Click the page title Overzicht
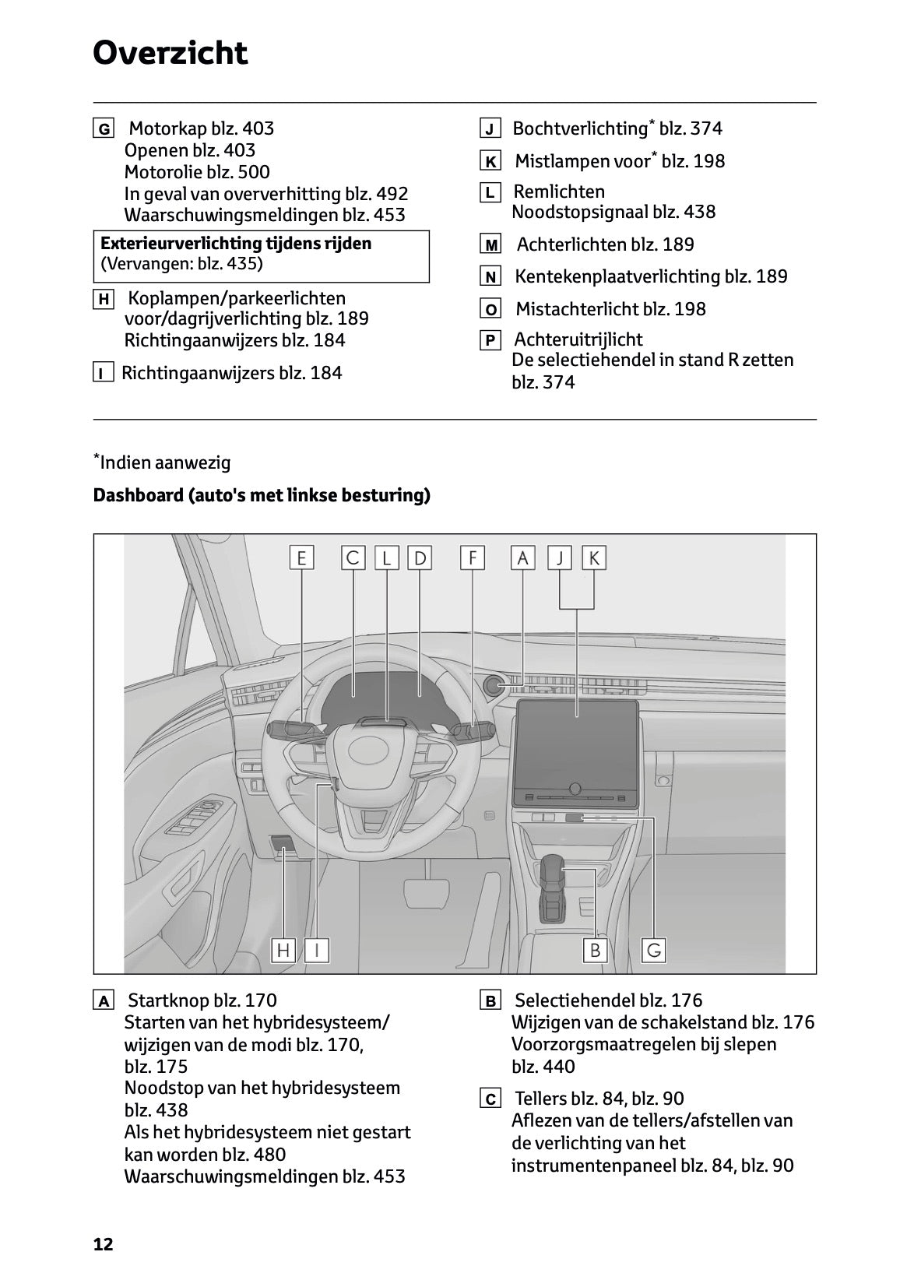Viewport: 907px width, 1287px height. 170,53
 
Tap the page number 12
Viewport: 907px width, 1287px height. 103,1244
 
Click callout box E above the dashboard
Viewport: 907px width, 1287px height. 301,557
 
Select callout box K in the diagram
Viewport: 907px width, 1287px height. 594,557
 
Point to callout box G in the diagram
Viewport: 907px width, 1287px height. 654,950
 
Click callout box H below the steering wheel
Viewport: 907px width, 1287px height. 283,950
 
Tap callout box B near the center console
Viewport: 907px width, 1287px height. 595,950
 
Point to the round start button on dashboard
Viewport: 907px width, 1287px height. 494,685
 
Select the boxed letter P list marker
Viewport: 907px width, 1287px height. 490,340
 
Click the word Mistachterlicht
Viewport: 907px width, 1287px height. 571,309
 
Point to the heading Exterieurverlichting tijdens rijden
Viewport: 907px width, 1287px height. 236,244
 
